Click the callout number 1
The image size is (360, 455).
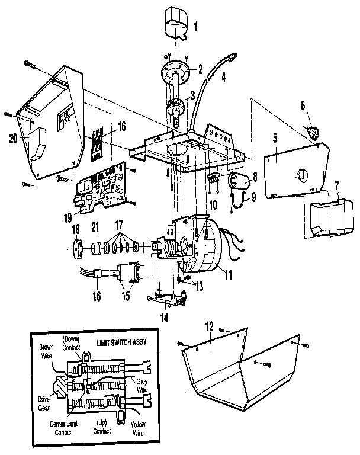pyautogui.click(x=198, y=26)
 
